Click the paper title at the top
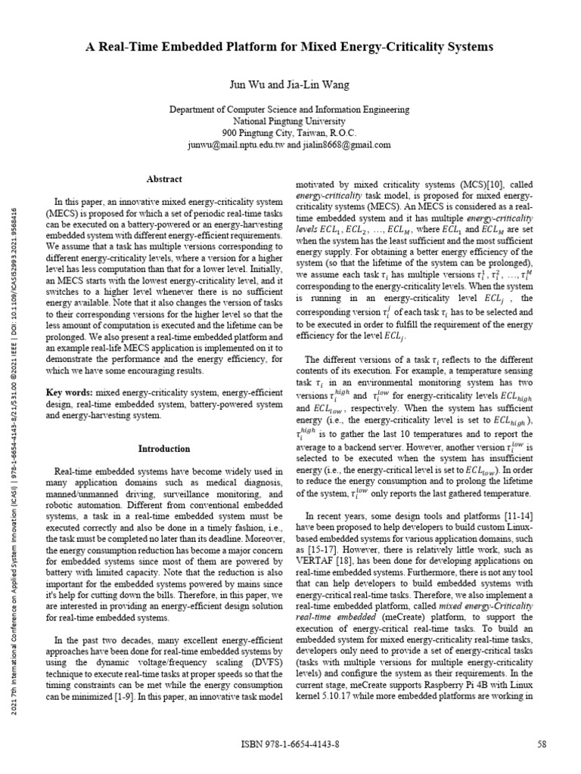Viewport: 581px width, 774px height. click(290, 47)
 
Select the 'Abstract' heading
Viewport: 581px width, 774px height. click(163, 179)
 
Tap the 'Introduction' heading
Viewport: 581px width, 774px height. click(163, 448)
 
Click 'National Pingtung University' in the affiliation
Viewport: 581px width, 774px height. click(290, 121)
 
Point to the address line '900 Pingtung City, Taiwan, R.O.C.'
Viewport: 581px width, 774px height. click(290, 132)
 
